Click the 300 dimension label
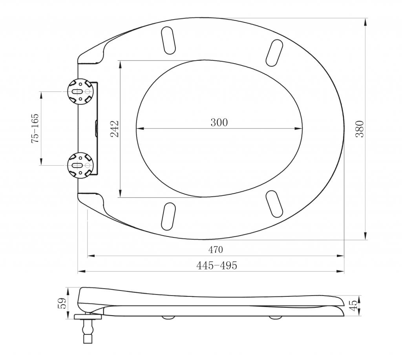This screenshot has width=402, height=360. [x=219, y=122]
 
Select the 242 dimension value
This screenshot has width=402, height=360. [x=115, y=129]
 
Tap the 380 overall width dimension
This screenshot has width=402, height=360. [x=360, y=129]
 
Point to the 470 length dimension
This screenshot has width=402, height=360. [x=216, y=249]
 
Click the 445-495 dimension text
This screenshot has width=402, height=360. [x=217, y=265]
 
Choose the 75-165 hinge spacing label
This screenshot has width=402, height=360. [x=35, y=128]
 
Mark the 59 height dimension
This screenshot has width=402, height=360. [x=62, y=303]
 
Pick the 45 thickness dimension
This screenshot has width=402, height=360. [x=354, y=305]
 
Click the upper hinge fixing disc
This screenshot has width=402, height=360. [x=80, y=91]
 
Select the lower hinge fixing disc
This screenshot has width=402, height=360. [x=80, y=165]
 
